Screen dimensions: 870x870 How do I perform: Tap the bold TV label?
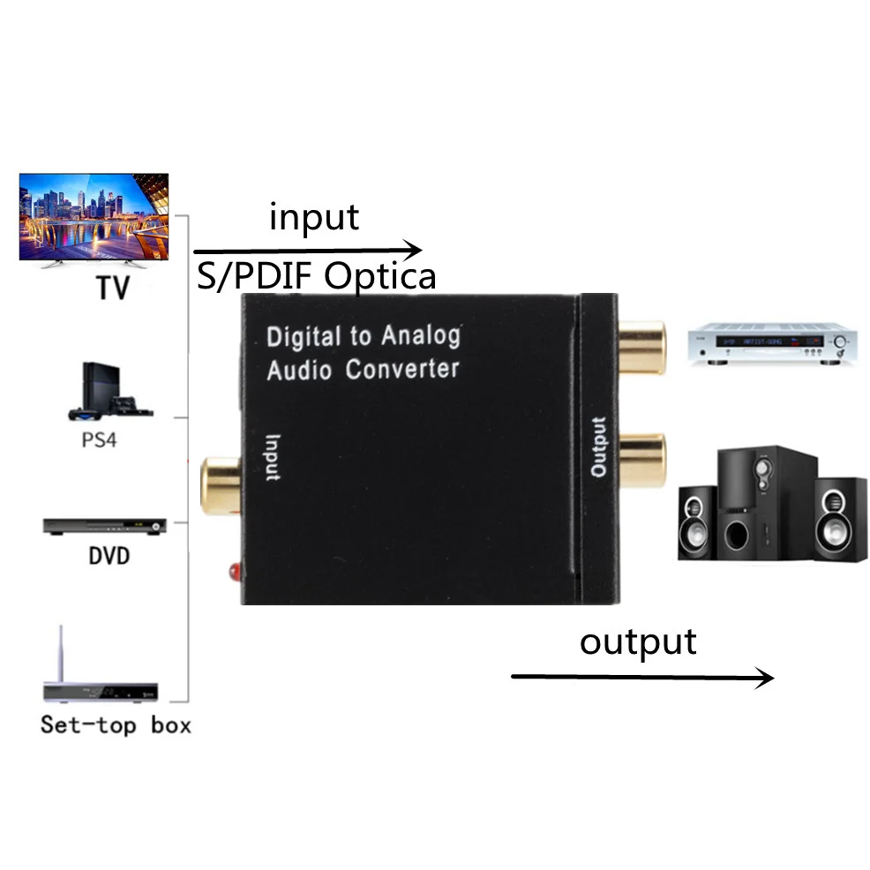tap(110, 288)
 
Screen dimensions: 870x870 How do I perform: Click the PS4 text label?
tap(99, 439)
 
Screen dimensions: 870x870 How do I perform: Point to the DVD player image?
tap(103, 525)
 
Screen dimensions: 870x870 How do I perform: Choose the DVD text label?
tap(109, 557)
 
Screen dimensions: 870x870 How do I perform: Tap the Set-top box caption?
tap(115, 725)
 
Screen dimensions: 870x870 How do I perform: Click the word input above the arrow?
tap(314, 216)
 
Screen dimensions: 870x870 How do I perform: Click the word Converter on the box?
tap(401, 367)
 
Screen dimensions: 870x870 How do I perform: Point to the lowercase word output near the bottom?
tap(637, 641)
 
